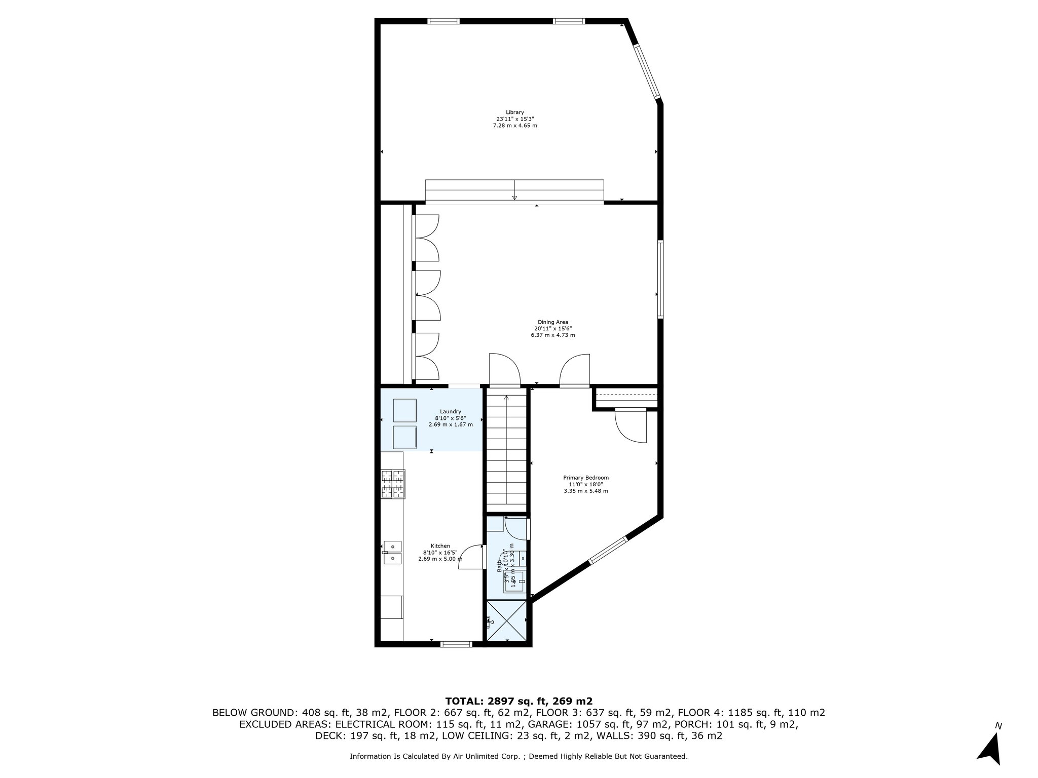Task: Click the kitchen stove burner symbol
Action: (393, 484)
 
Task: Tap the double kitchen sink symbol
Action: (392, 552)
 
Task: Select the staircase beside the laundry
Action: (506, 451)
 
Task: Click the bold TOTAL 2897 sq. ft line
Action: (518, 702)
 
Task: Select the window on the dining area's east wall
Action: (660, 279)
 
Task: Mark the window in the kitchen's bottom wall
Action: (456, 644)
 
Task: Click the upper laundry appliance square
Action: (405, 410)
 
